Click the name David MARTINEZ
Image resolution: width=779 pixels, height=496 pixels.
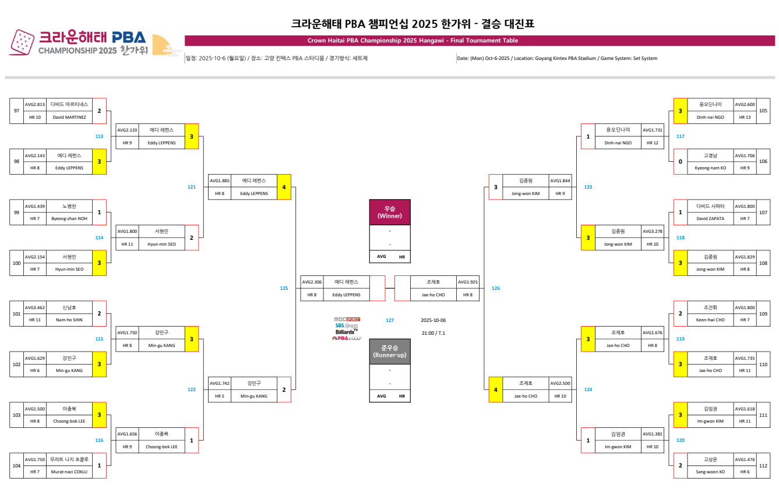(x=69, y=117)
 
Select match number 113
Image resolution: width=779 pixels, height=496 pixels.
(x=99, y=136)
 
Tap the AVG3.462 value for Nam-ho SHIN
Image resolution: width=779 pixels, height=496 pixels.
(x=34, y=307)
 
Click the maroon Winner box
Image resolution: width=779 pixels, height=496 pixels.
(x=390, y=212)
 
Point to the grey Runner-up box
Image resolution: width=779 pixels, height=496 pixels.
(x=390, y=351)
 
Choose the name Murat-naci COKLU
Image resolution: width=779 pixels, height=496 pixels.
(x=69, y=472)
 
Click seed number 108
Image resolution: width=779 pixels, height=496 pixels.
(x=763, y=263)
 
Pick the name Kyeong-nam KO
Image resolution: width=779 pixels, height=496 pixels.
(x=710, y=168)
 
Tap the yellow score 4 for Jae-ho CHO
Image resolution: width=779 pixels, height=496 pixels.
(x=495, y=389)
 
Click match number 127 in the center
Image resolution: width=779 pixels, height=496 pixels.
(x=390, y=320)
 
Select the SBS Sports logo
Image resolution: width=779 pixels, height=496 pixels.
(x=347, y=325)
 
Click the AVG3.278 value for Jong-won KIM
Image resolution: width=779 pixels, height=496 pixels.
(x=653, y=231)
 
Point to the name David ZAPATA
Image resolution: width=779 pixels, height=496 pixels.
(x=710, y=218)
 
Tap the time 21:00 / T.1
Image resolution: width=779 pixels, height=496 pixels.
(x=433, y=333)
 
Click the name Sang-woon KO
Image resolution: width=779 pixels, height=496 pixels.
(x=710, y=472)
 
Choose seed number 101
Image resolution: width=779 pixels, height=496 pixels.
(x=16, y=314)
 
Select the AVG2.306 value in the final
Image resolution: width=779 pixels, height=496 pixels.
(x=311, y=282)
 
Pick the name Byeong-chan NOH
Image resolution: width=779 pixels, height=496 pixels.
(x=69, y=218)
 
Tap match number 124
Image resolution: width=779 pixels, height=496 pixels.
(x=588, y=389)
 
